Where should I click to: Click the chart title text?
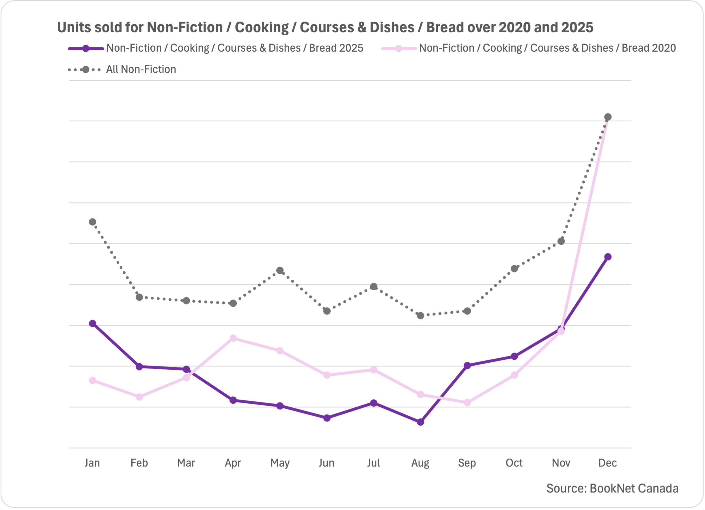click(x=325, y=27)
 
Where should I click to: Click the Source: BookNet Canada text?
click(x=612, y=488)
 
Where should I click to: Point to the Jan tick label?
click(x=92, y=463)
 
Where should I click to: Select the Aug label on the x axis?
click(x=420, y=463)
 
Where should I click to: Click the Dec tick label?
click(x=607, y=463)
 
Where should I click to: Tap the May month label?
click(x=280, y=463)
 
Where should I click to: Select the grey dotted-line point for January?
click(x=92, y=222)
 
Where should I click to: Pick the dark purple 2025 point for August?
click(x=420, y=422)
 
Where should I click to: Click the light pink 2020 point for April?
click(x=233, y=338)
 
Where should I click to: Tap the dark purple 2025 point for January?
click(x=92, y=323)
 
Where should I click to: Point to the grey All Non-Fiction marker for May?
click(x=280, y=270)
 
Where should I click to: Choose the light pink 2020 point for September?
click(x=467, y=402)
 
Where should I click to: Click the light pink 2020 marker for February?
click(x=139, y=397)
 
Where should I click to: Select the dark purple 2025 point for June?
click(x=327, y=418)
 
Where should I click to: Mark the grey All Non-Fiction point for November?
click(x=561, y=241)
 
